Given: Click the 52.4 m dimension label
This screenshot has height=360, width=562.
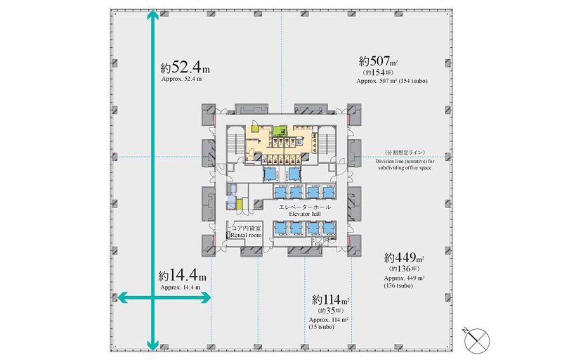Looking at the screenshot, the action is click(185, 67).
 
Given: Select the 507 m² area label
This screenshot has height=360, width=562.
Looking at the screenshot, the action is click(379, 61).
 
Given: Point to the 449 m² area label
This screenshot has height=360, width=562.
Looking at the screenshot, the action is click(405, 257).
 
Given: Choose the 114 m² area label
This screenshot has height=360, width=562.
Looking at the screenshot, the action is click(330, 299).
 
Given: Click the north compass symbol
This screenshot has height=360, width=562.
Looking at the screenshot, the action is click(477, 339).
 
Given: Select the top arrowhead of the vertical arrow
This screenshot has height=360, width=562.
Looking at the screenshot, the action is click(153, 15).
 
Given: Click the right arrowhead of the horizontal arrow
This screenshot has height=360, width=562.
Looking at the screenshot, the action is click(206, 297).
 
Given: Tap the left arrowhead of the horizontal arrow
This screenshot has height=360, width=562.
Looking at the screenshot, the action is click(124, 297).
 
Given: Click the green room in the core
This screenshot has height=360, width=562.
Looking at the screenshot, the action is click(280, 131).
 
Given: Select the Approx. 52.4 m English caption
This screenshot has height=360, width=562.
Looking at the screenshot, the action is click(181, 79).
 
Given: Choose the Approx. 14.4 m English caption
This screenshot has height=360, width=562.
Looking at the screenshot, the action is click(181, 287).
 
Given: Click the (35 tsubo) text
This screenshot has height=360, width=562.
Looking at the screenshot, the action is click(321, 327).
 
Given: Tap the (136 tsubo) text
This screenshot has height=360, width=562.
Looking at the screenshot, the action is click(398, 285).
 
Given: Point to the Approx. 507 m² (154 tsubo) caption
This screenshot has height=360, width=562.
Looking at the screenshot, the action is click(392, 81).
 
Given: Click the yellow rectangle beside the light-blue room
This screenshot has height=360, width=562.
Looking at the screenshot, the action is click(239, 204).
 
